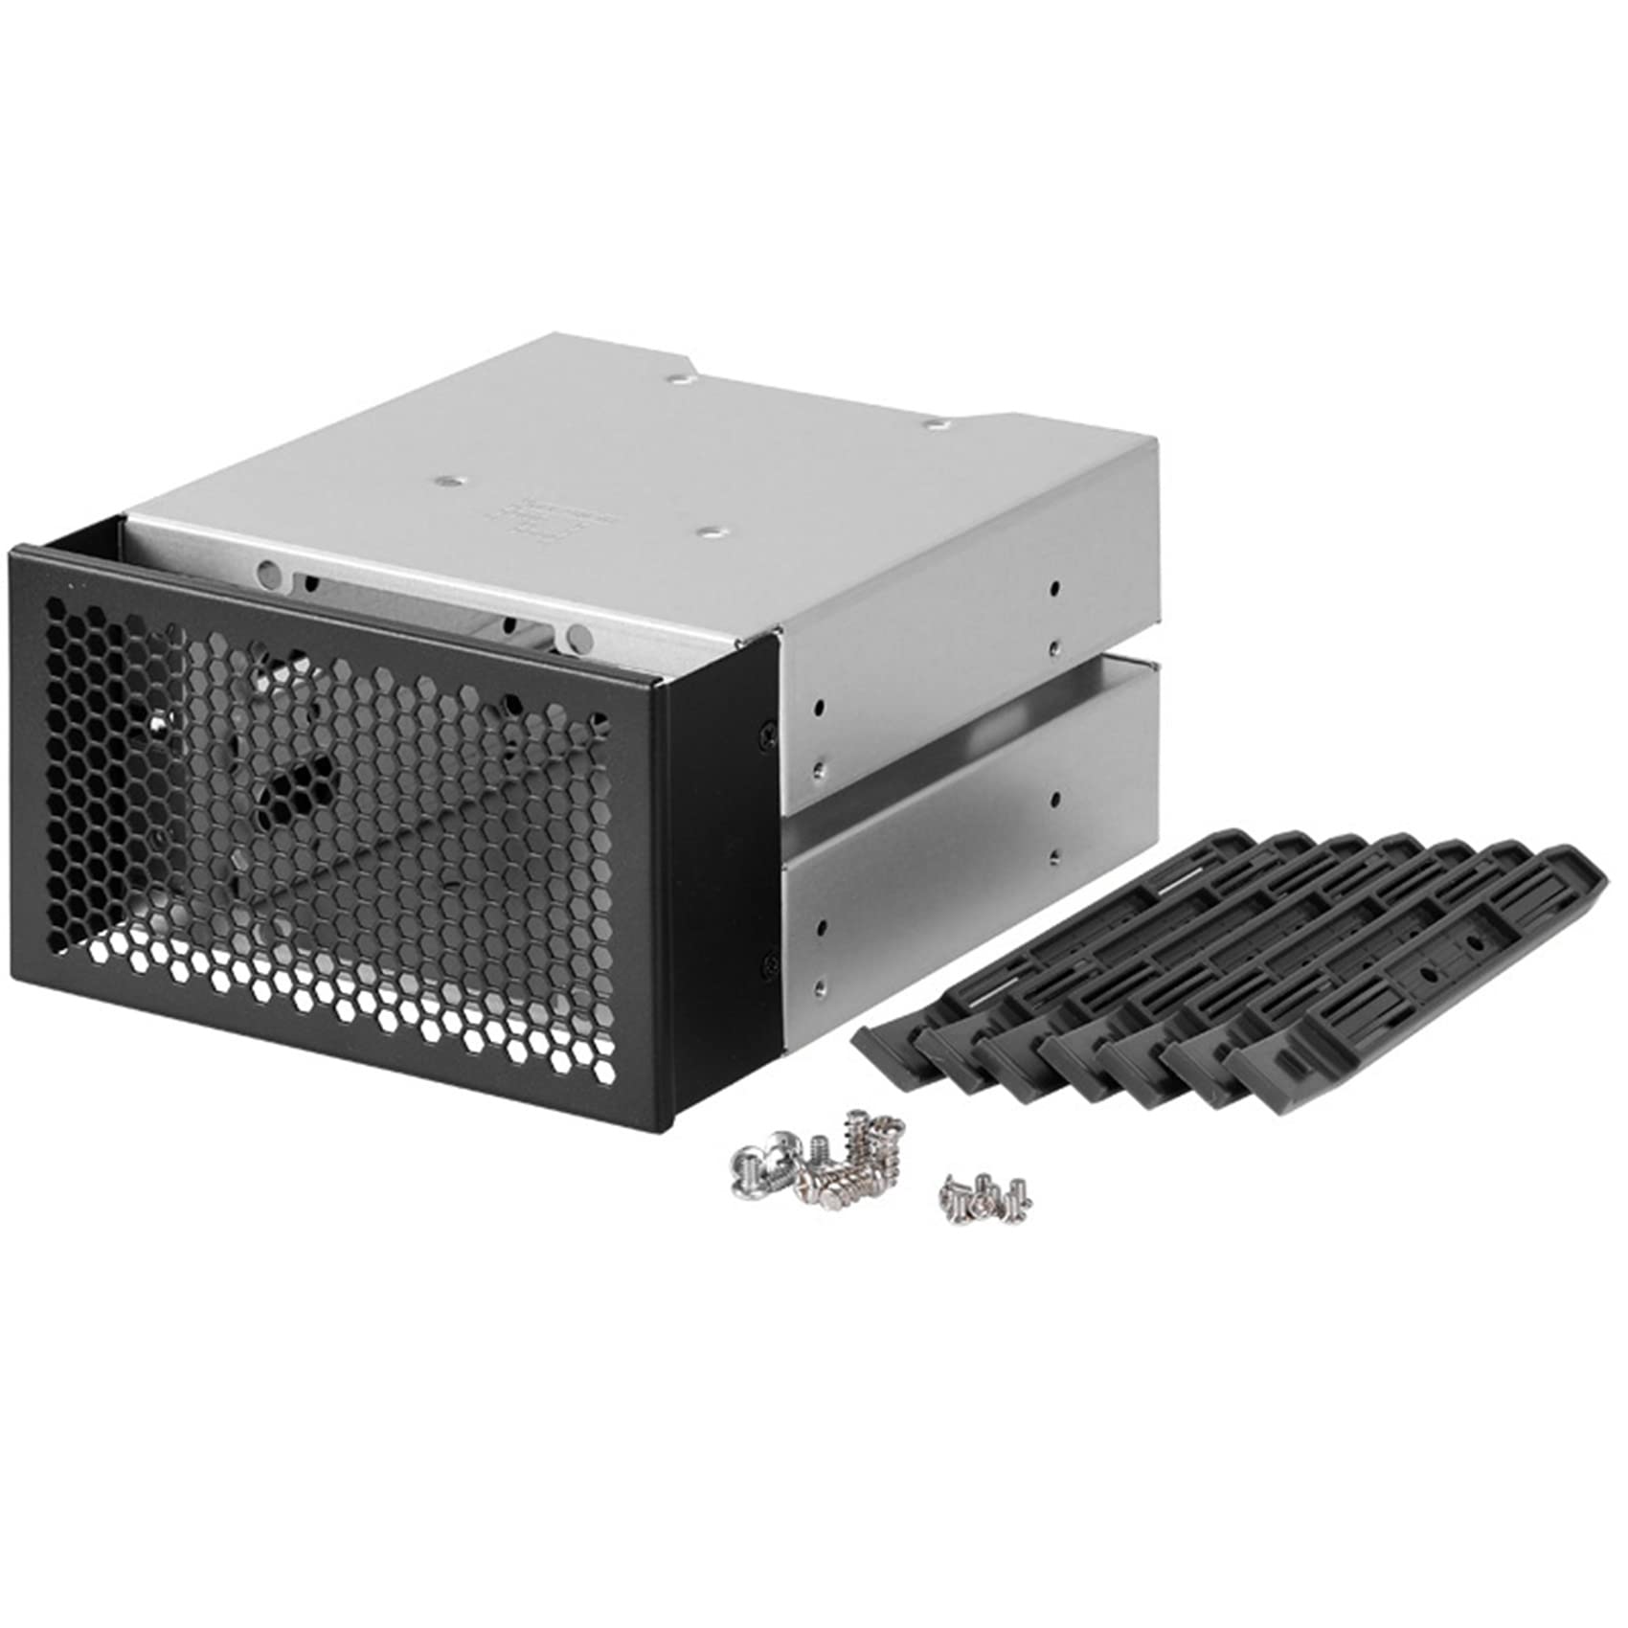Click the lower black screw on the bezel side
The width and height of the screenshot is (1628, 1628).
tap(767, 967)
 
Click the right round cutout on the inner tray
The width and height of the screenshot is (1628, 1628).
tap(578, 636)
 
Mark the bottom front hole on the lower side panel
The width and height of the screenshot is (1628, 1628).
tap(819, 983)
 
